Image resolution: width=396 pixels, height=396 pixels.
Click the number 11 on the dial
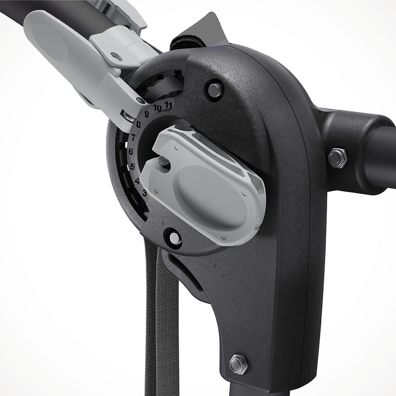pos(168,105)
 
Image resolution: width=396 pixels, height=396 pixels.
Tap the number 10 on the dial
pos(157,107)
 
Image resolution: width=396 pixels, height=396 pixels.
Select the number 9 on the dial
pos(147,113)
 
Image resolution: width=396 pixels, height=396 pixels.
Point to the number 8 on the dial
pos(139,125)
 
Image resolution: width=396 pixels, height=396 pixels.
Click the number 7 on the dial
pos(133,138)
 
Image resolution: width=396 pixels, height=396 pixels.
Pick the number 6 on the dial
pos(131,151)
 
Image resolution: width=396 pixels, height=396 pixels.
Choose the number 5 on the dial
pos(132,166)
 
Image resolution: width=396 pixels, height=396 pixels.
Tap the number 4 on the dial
pos(137,180)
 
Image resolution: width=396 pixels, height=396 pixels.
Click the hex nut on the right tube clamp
pos(338,158)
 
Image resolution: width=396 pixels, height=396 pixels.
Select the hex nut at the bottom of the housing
pos(239,364)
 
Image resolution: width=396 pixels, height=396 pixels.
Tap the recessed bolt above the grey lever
pos(215,90)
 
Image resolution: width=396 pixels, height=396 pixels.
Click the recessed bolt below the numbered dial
pos(174,238)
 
